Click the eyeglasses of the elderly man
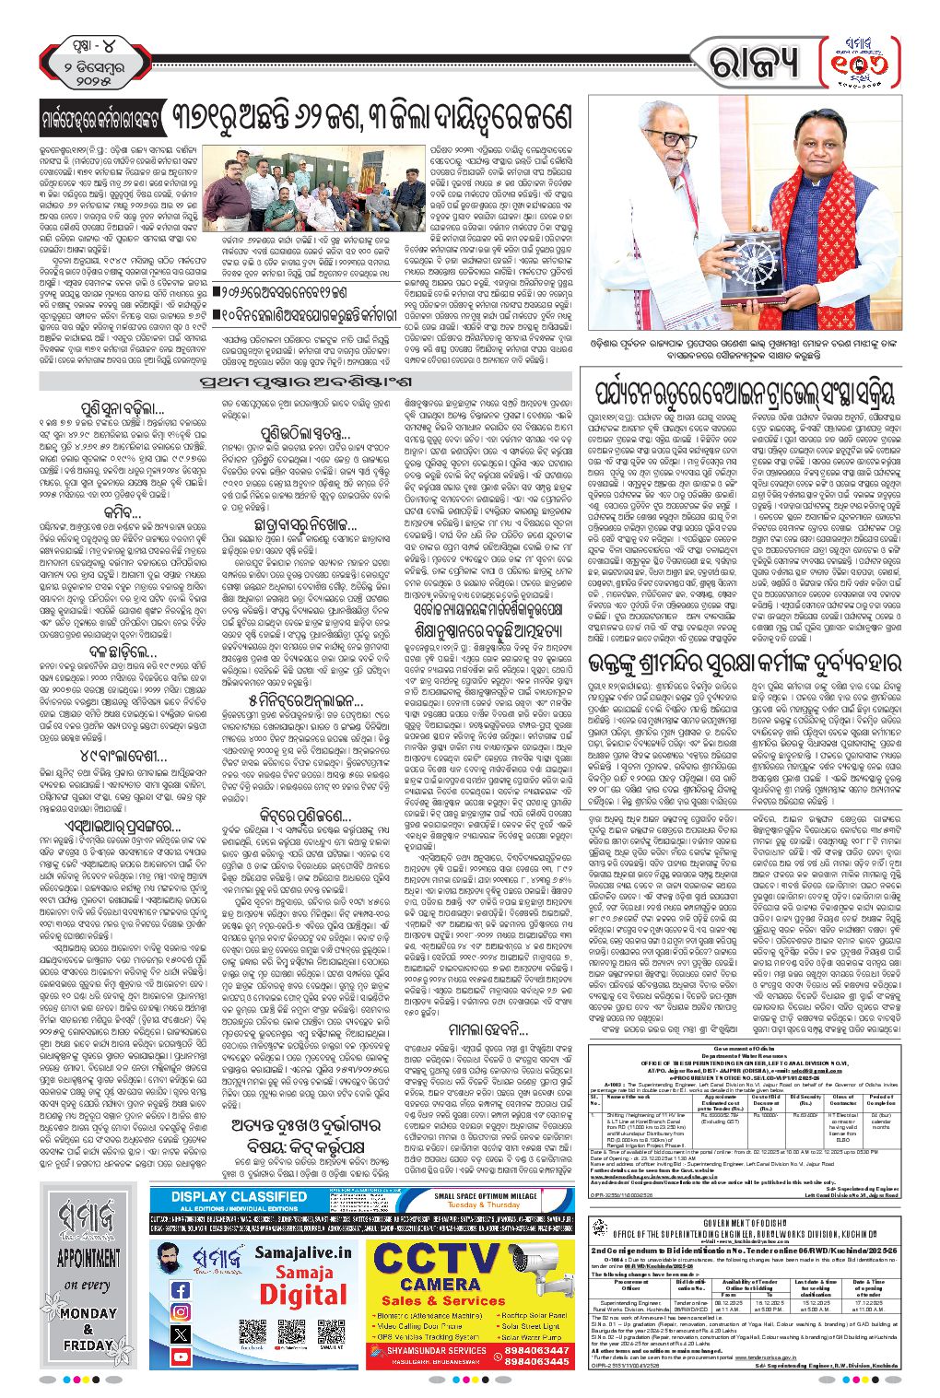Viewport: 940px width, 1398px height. click(x=677, y=139)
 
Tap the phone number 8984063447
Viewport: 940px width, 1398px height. click(x=536, y=1350)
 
